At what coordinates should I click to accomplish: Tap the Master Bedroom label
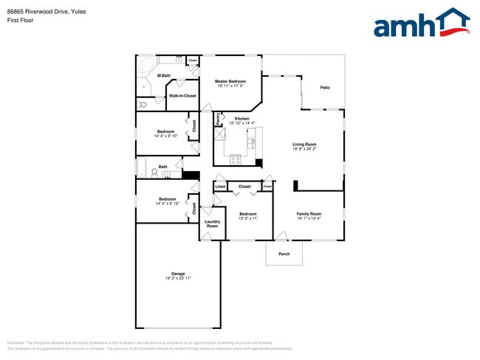230,81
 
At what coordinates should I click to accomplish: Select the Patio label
325,88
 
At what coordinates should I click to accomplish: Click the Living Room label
304,144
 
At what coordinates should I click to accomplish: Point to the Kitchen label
241,118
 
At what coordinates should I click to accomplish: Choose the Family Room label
309,213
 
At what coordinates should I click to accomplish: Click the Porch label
284,254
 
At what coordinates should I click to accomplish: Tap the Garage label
177,274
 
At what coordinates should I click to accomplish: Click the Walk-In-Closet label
182,96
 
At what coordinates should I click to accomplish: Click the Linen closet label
220,187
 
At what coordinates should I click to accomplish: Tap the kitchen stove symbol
236,159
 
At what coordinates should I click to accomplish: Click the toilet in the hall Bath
155,173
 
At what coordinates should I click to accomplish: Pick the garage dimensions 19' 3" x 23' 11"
177,278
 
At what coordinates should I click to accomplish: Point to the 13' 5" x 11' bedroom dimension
247,218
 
